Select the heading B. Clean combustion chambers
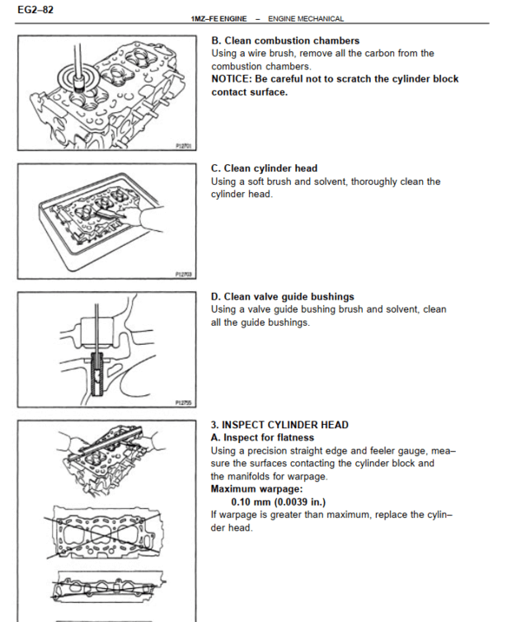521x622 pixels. coord(285,41)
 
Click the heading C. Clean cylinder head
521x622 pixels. coord(264,169)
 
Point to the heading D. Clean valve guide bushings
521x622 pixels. coord(282,296)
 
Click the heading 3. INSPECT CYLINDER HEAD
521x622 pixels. coord(280,425)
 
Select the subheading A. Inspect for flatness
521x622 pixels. coord(262,438)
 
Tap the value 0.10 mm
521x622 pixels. coord(253,502)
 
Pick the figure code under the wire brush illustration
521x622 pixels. coord(182,147)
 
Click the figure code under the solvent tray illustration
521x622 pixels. coord(182,275)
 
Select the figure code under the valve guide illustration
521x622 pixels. coord(182,402)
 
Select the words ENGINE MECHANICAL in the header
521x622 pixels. coord(306,18)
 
